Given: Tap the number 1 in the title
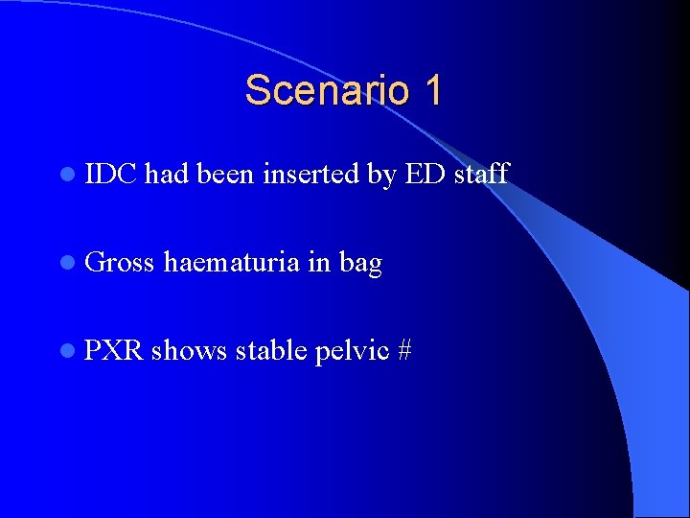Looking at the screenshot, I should (x=431, y=90).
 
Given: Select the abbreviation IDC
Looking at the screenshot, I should (x=110, y=174).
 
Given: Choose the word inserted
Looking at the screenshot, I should (x=310, y=174).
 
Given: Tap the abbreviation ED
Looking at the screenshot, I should (x=424, y=174).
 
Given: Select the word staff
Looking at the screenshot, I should (x=479, y=174).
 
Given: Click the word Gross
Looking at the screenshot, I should (x=119, y=262).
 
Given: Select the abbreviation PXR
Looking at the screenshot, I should (x=113, y=350).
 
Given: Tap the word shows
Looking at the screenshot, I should (x=189, y=350).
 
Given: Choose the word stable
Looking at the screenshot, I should (x=271, y=350).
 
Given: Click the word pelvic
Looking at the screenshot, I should (x=352, y=352).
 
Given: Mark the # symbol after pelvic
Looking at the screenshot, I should (x=403, y=350).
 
